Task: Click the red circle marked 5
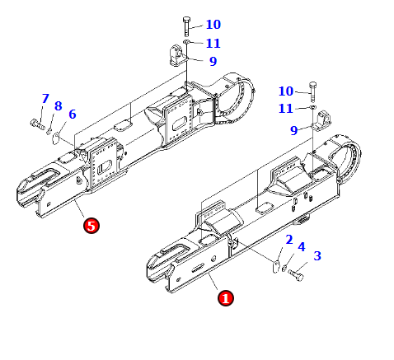point(91,226)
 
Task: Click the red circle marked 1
point(226,298)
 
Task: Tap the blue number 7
point(45,98)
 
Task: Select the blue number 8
point(59,106)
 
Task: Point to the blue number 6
point(73,114)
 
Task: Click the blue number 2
point(289,240)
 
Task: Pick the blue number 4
point(302,246)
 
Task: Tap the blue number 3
point(317,255)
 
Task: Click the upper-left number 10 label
point(213,25)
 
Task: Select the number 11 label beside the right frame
point(286,109)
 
